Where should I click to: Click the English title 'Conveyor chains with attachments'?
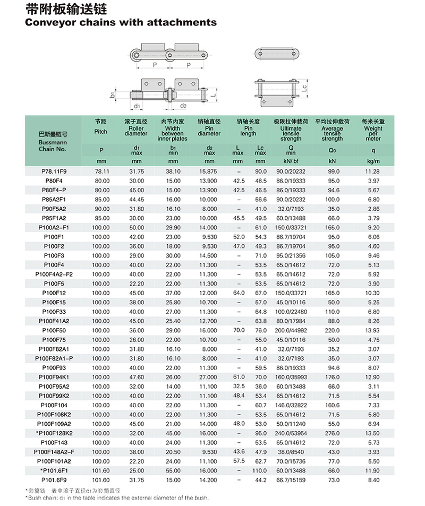coord(121,22)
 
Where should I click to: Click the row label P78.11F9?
coord(54,171)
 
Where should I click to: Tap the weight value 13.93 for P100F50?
coord(373,330)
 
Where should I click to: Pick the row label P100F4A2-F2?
coord(54,274)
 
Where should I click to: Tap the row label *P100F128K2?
coord(53,433)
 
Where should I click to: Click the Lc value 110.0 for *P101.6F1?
coord(260,470)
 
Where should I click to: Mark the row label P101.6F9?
coord(54,479)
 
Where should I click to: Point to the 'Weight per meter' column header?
coord(373,130)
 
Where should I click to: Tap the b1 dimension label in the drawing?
coord(113,94)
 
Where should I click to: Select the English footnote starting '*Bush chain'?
coord(117,498)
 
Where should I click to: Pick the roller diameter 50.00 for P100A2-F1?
coord(137,227)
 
